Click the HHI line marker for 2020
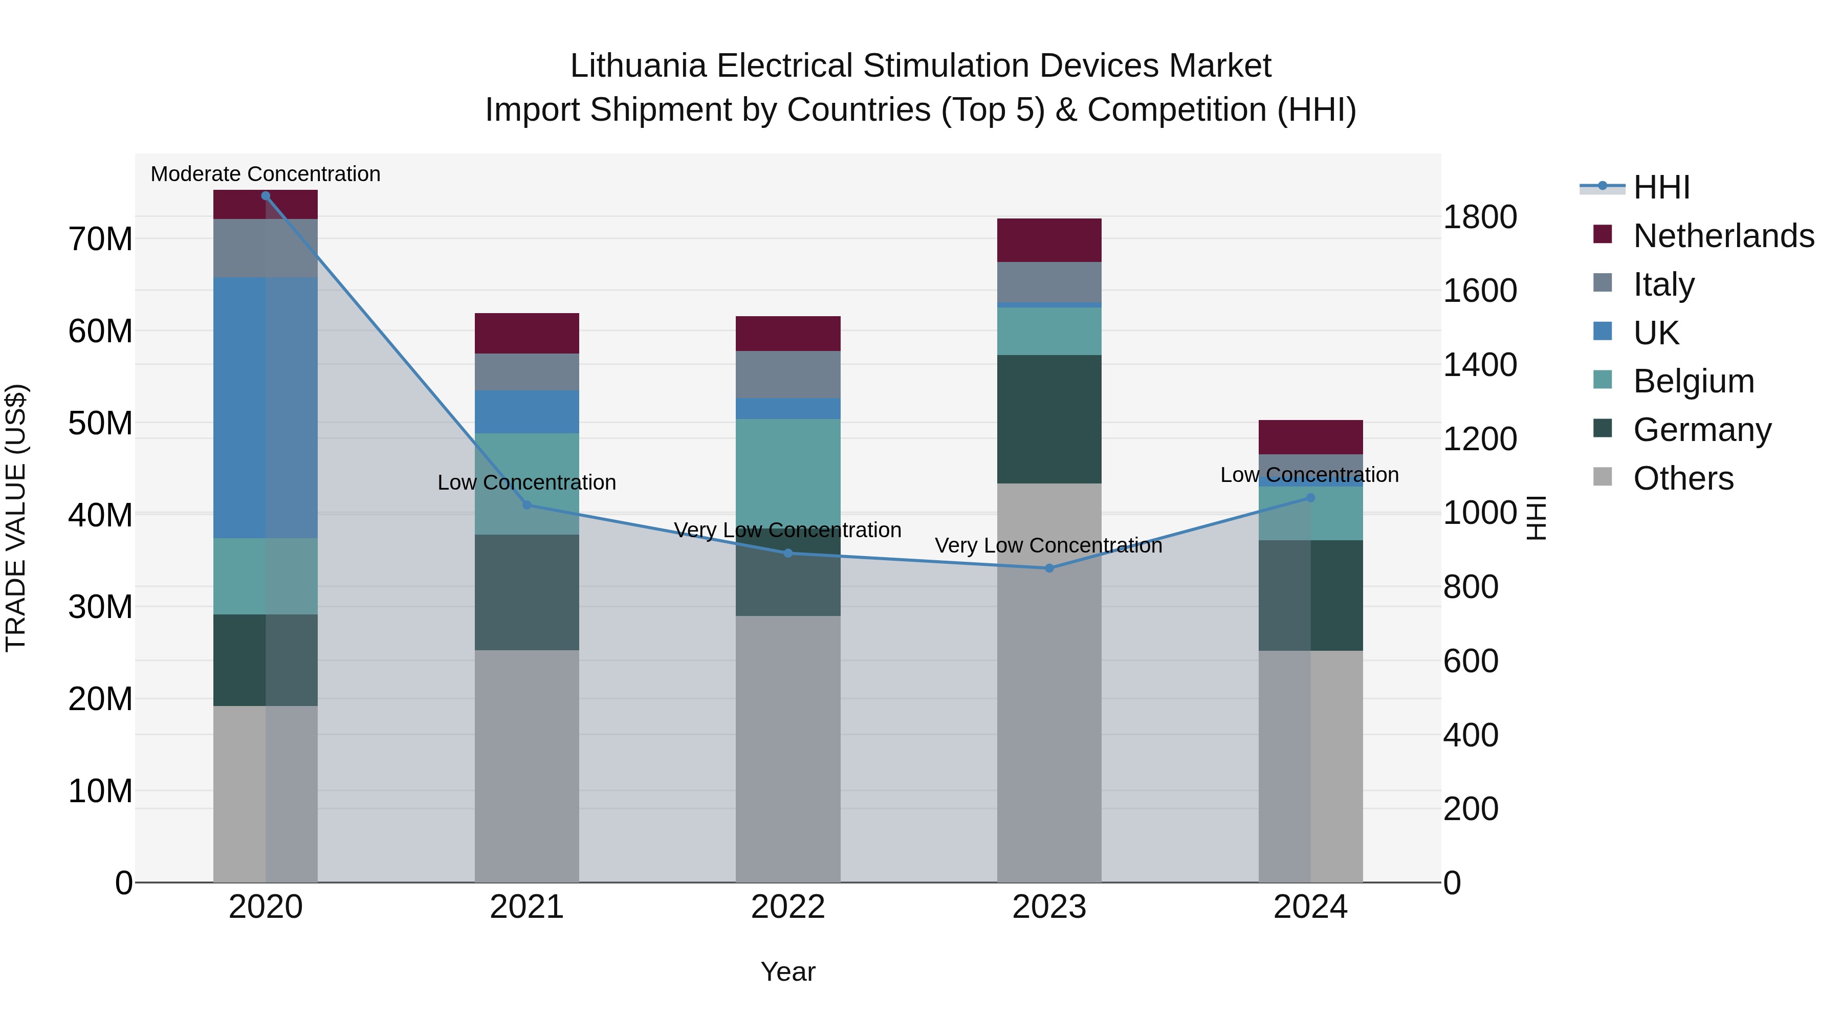(265, 196)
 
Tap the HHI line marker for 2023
(1049, 568)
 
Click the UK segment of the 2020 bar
(265, 408)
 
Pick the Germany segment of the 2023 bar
(1049, 419)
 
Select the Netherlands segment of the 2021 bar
(527, 333)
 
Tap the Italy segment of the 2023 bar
(1049, 282)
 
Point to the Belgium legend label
(1693, 381)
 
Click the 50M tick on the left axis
(100, 423)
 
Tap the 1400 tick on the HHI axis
(1479, 365)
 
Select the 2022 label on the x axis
(788, 907)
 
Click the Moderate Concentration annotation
(265, 174)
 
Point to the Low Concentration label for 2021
(527, 482)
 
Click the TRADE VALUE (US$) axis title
(16, 518)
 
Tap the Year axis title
(788, 972)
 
